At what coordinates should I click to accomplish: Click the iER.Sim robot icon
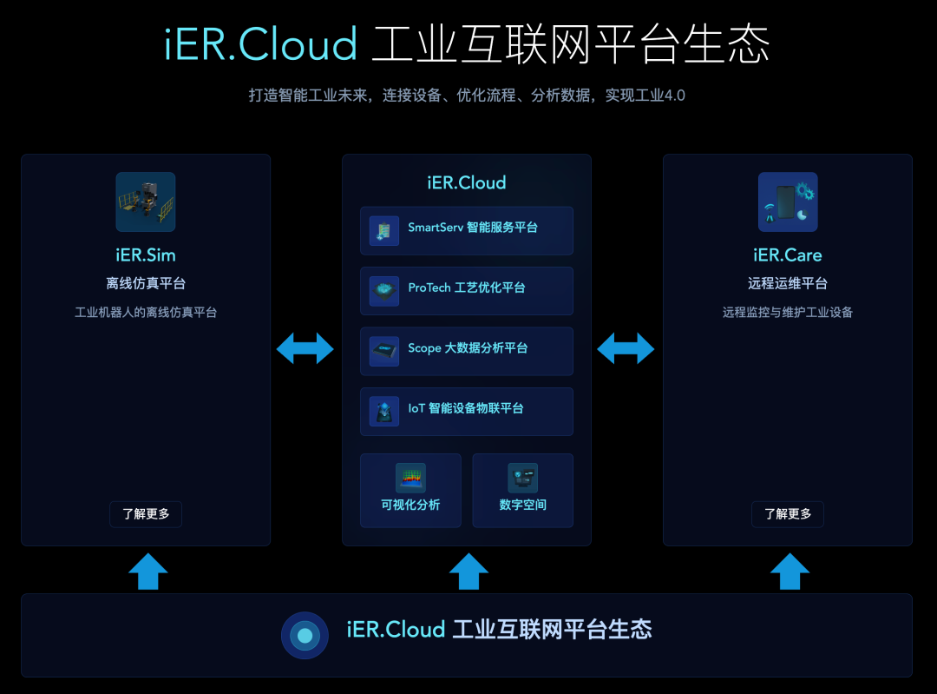point(146,202)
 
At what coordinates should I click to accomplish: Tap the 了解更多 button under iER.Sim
point(146,514)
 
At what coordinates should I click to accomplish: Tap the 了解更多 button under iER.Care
point(787,514)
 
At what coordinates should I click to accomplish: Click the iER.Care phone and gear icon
point(787,202)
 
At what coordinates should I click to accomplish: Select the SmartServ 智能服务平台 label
point(473,228)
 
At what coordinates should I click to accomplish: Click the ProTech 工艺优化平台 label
point(466,288)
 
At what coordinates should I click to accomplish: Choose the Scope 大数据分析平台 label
point(468,348)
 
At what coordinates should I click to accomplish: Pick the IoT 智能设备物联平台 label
point(465,408)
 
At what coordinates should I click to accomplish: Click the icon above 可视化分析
point(410,478)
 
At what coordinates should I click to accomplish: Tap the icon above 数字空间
point(522,478)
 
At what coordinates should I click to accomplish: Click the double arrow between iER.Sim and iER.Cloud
point(305,348)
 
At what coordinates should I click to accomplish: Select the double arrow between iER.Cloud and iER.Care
point(626,348)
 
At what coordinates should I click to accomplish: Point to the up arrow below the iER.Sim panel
point(148,572)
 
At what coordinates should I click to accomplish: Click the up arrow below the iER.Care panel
point(790,572)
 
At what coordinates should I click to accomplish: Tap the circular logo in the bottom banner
point(305,635)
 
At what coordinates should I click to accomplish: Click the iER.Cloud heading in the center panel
point(466,182)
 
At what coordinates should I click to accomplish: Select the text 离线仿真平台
point(146,283)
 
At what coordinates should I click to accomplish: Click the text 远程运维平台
point(787,283)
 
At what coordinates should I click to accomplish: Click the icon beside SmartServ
point(383,230)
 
